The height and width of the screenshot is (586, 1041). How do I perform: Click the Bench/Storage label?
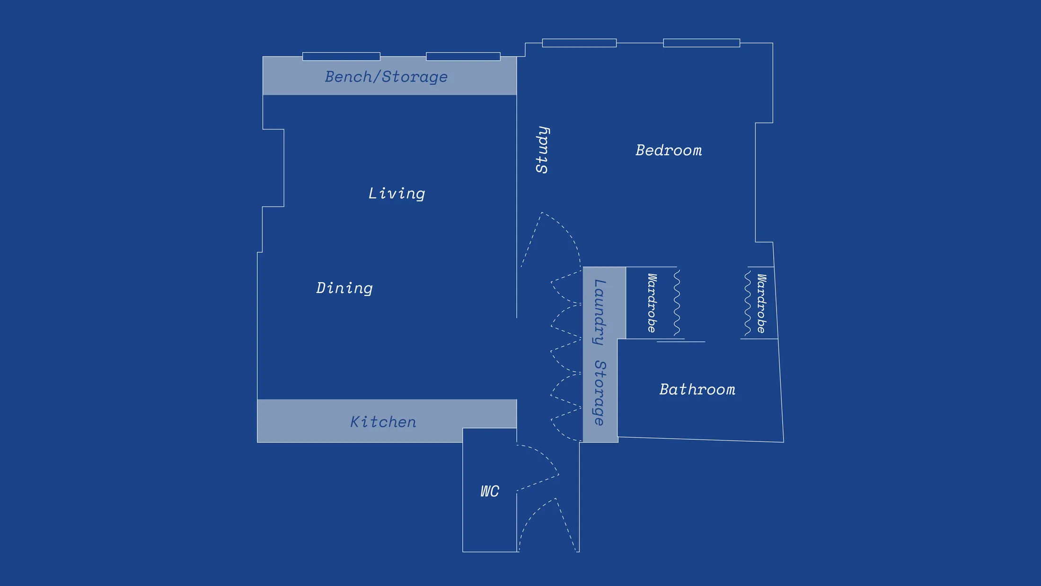[386, 77]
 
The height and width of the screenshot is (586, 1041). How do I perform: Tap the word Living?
[397, 193]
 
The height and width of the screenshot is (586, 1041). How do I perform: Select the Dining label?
[344, 288]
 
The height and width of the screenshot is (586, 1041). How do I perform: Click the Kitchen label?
[383, 422]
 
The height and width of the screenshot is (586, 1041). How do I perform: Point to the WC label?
[489, 491]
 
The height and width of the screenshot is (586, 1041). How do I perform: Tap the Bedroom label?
[669, 151]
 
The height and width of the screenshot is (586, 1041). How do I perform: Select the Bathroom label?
[697, 390]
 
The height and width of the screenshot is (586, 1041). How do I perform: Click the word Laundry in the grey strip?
[599, 312]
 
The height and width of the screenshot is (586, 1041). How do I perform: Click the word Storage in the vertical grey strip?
[599, 393]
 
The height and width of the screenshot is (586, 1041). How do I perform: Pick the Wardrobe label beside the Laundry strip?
[652, 303]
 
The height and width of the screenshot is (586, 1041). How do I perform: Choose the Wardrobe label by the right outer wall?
[761, 303]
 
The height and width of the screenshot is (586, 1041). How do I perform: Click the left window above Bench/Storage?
[341, 56]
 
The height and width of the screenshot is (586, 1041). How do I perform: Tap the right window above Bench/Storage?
[463, 56]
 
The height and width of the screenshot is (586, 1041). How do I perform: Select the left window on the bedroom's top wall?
[579, 43]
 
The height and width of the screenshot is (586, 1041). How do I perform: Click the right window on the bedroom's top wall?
[701, 43]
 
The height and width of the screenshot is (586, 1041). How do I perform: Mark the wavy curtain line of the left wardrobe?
[677, 303]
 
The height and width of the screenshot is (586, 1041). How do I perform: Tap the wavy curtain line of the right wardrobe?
[748, 303]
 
